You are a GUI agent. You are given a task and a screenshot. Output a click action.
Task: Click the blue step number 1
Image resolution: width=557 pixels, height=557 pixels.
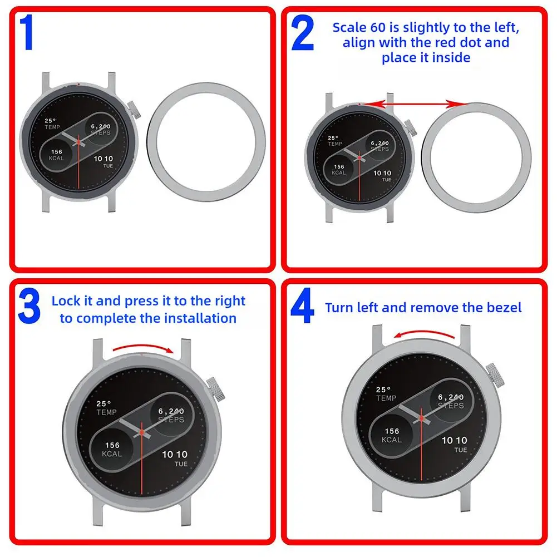[x=27, y=34]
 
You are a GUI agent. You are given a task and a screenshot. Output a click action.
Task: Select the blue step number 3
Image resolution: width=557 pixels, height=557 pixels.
[x=28, y=307]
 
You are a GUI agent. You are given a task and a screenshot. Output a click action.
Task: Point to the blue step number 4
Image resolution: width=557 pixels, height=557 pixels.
[x=302, y=309]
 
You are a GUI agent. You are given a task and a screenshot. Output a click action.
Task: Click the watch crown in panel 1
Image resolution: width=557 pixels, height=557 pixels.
[x=135, y=110]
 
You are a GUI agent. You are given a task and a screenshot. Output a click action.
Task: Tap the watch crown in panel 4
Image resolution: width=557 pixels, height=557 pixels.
[x=493, y=374]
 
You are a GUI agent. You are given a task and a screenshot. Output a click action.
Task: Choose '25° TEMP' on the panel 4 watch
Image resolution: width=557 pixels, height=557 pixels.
[x=386, y=394]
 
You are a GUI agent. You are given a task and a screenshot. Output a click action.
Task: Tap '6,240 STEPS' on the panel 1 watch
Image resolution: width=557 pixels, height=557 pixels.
[x=101, y=129]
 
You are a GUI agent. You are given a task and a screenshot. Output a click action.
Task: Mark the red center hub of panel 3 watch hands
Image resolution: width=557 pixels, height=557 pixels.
[x=142, y=431]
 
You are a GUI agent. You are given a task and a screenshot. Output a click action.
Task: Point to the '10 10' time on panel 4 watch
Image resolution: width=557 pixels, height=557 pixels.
[x=455, y=440]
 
